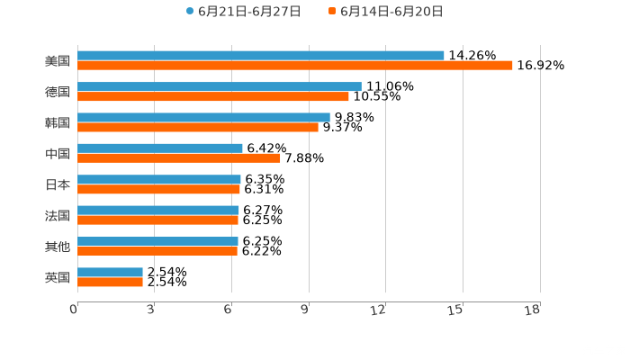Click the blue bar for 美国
261,56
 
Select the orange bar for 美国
295,66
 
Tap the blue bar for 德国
220,86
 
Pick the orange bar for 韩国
198,127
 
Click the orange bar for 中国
179,158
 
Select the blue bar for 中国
160,148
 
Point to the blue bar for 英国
111,272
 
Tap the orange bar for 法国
158,220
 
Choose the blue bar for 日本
159,179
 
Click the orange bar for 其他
157,251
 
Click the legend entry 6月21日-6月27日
243,12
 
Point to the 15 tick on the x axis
457,310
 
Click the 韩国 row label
58,122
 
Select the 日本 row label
58,184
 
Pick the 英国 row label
58,277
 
